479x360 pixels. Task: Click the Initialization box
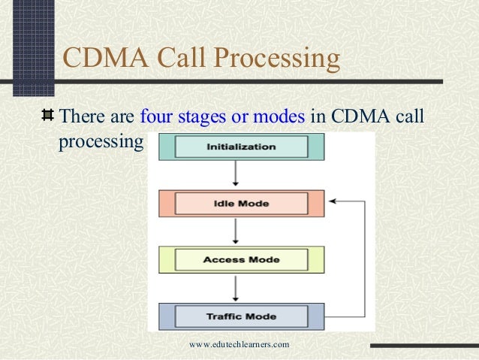click(241, 147)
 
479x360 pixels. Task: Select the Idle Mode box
click(241, 203)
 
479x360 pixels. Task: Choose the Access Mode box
click(241, 260)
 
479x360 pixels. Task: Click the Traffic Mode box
click(241, 316)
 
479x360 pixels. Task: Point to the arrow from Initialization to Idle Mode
click(236, 174)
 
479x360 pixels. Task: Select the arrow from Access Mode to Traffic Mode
click(236, 288)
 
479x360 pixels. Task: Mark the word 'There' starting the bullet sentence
click(81, 117)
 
